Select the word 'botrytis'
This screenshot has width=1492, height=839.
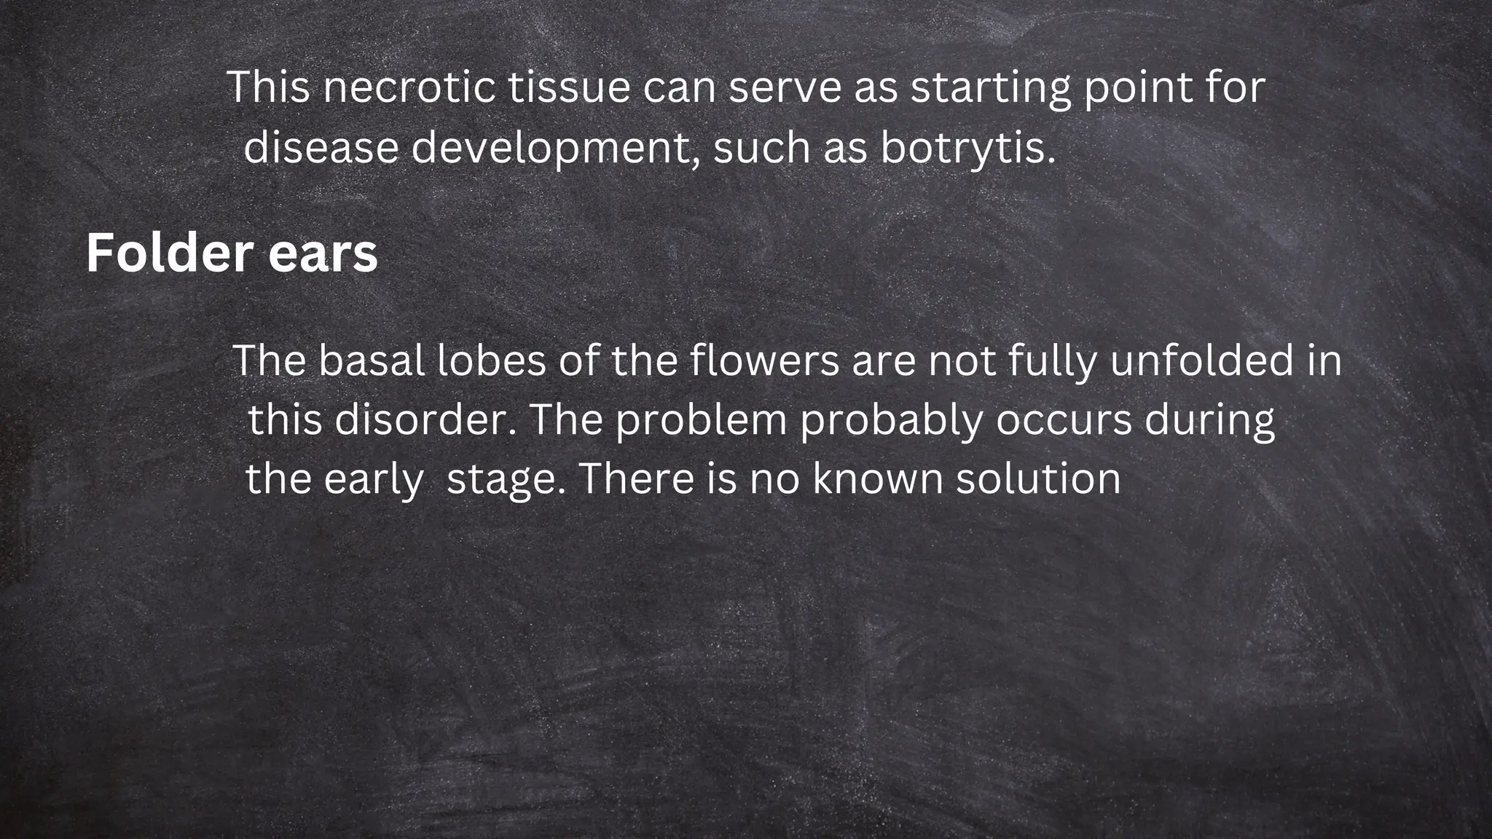pos(967,148)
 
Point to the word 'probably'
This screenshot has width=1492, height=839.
pos(891,422)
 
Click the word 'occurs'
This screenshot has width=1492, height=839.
pos(1064,420)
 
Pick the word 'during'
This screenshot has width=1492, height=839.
pos(1210,422)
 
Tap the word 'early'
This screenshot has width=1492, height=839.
pos(374,480)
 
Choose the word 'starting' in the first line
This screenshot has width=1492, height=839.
pos(991,88)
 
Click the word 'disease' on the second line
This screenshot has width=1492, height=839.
pos(321,148)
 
